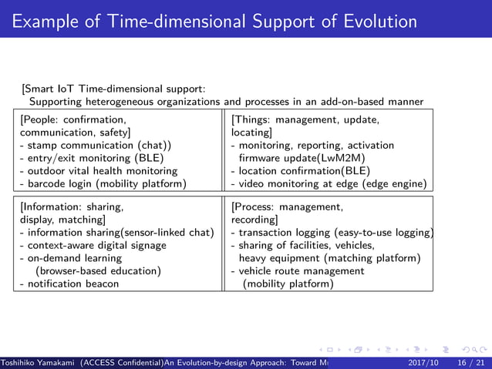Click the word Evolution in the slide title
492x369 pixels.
pyautogui.click(x=372, y=21)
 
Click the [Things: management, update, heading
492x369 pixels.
pyautogui.click(x=305, y=119)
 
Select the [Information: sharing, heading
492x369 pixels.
pyautogui.click(x=72, y=206)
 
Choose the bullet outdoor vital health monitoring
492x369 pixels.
pyautogui.click(x=98, y=170)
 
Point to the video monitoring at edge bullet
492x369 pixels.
pyautogui.click(x=329, y=183)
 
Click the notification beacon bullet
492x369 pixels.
pyautogui.click(x=69, y=283)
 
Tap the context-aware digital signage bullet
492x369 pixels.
pyautogui.click(x=93, y=245)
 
